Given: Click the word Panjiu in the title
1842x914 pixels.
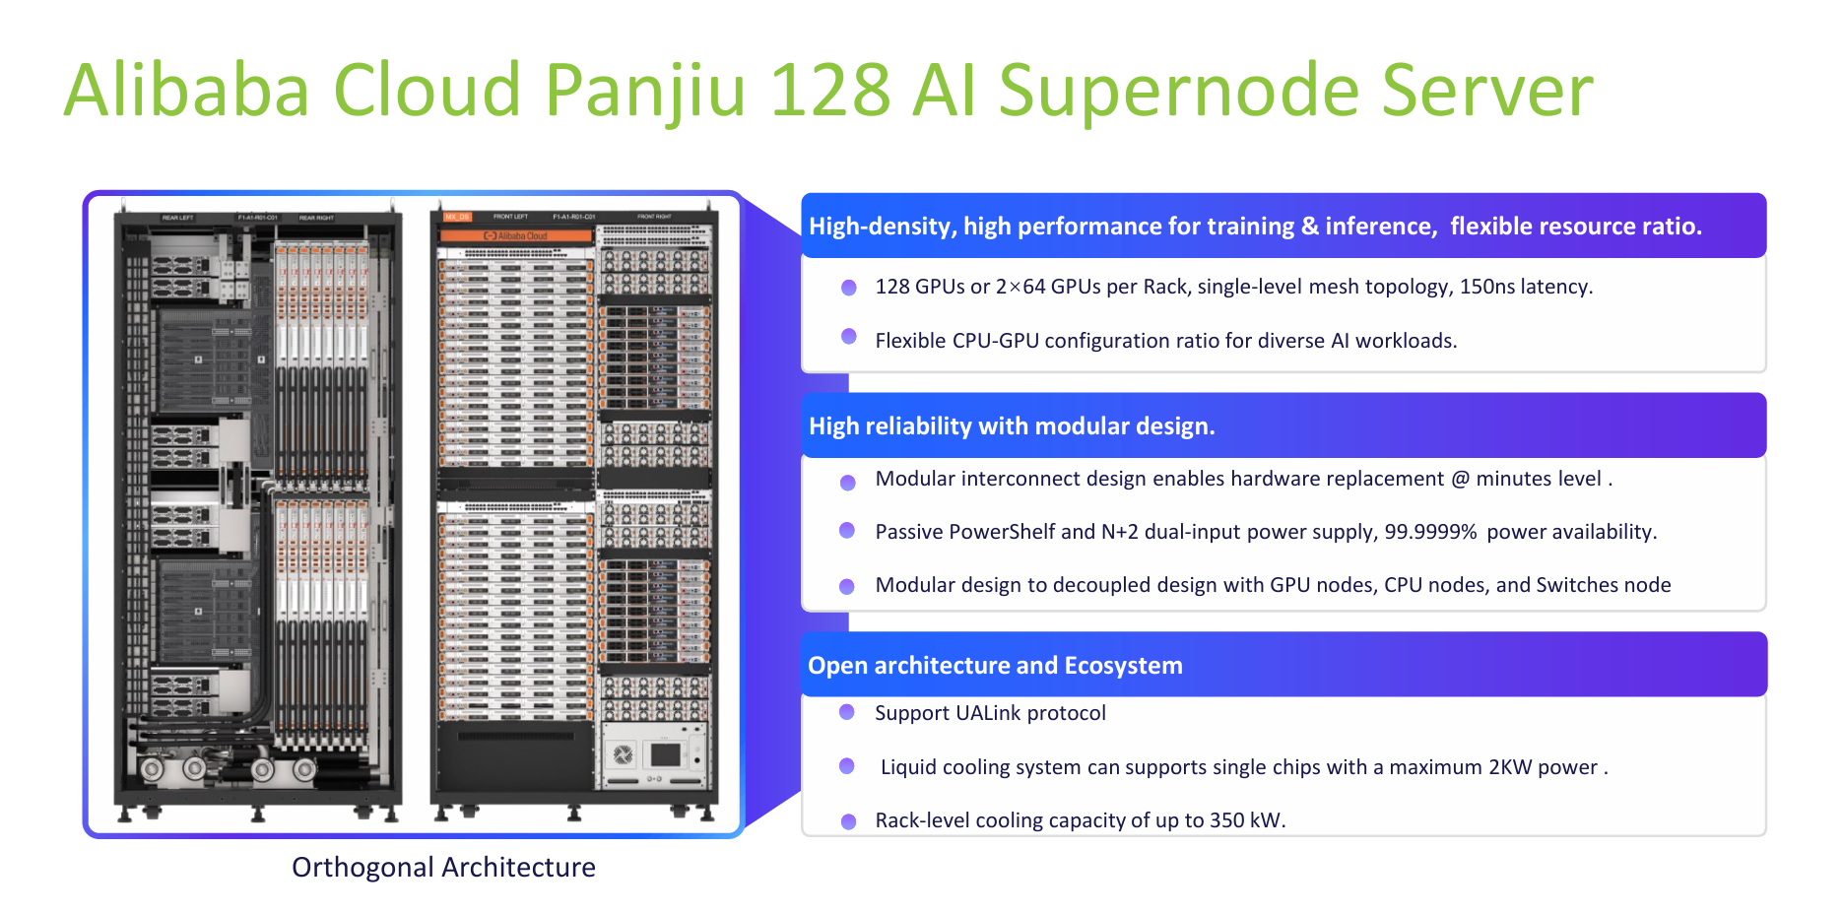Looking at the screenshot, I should [644, 91].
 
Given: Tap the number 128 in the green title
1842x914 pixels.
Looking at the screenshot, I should [829, 91].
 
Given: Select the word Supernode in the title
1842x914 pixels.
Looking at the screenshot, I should [1178, 91].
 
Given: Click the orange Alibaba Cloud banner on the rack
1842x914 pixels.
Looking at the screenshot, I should [515, 236].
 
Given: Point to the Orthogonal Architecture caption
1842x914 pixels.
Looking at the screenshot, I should [443, 867].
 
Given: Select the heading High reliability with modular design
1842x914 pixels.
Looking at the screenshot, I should [1012, 425].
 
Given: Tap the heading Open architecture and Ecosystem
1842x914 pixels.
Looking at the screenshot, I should [995, 666].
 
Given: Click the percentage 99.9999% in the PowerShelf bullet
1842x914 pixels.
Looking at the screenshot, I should [1430, 532].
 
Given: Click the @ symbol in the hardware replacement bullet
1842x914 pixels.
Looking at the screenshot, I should [1460, 479].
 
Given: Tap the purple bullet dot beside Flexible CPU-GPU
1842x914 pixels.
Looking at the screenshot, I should [848, 336].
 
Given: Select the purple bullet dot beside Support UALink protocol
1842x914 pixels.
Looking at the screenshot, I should [846, 712].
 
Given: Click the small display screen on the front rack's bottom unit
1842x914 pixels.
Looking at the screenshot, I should [666, 755].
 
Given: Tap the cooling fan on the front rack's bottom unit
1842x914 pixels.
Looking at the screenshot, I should [623, 755].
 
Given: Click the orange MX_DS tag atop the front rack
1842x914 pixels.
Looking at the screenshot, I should [457, 217].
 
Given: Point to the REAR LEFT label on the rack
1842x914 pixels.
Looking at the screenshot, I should [177, 218].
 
